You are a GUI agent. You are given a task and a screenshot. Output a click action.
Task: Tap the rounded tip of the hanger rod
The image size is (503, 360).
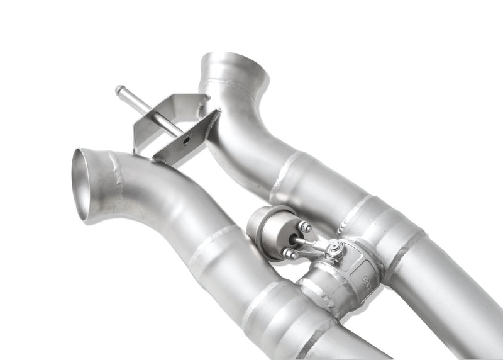(119, 90)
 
